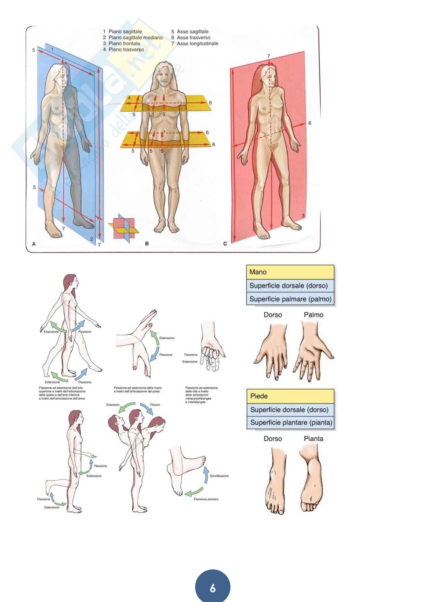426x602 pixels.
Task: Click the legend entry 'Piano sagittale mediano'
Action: pyautogui.click(x=135, y=37)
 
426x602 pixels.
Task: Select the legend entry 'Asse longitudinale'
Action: pyautogui.click(x=197, y=43)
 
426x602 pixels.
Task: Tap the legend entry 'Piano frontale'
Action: pyautogui.click(x=124, y=43)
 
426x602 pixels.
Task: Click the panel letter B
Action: pyautogui.click(x=147, y=243)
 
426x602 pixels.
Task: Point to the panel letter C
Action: pyautogui.click(x=225, y=243)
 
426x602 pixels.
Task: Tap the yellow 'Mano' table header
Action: pyautogui.click(x=290, y=272)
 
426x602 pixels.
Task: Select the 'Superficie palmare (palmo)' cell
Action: pyautogui.click(x=290, y=299)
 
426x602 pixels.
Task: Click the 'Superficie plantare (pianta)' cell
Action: pyautogui.click(x=291, y=422)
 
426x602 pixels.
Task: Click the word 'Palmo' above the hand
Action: pyautogui.click(x=313, y=315)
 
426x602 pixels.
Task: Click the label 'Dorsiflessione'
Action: pyautogui.click(x=219, y=476)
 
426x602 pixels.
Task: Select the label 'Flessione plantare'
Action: pyautogui.click(x=206, y=499)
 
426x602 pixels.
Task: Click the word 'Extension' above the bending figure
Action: pyautogui.click(x=113, y=405)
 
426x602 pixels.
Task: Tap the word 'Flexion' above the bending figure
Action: pyautogui.click(x=155, y=405)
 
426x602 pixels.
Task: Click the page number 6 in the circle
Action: pyautogui.click(x=213, y=588)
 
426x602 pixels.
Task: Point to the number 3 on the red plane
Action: pyautogui.click(x=303, y=216)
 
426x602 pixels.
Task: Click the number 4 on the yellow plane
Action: pyautogui.click(x=129, y=98)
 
